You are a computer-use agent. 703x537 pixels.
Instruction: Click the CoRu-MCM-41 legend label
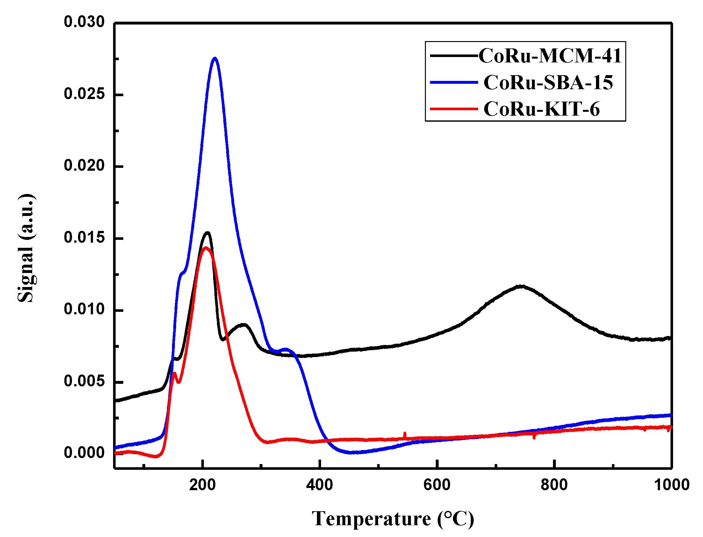coord(549,56)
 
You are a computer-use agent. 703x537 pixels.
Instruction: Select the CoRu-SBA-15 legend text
coord(548,82)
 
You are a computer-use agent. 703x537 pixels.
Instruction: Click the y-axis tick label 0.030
coord(84,22)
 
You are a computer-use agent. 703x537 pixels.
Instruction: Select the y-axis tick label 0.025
coord(84,94)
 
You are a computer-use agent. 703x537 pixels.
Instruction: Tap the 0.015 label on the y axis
coord(84,238)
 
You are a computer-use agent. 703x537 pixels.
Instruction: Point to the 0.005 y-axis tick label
coord(84,381)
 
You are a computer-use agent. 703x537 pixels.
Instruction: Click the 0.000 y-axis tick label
coord(84,453)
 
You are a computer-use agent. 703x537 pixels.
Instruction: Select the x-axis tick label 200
coord(202,485)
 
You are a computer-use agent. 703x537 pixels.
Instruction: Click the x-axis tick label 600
coord(437,485)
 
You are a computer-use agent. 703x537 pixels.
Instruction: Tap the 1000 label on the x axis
coord(671,485)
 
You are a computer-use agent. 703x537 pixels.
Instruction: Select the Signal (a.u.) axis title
coord(26,248)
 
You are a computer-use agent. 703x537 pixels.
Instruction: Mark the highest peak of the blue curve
coord(215,58)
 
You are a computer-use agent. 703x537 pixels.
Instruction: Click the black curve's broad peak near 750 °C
coord(521,286)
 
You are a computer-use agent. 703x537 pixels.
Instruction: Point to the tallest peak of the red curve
coord(206,247)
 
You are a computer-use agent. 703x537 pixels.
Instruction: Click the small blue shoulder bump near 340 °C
coord(285,349)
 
